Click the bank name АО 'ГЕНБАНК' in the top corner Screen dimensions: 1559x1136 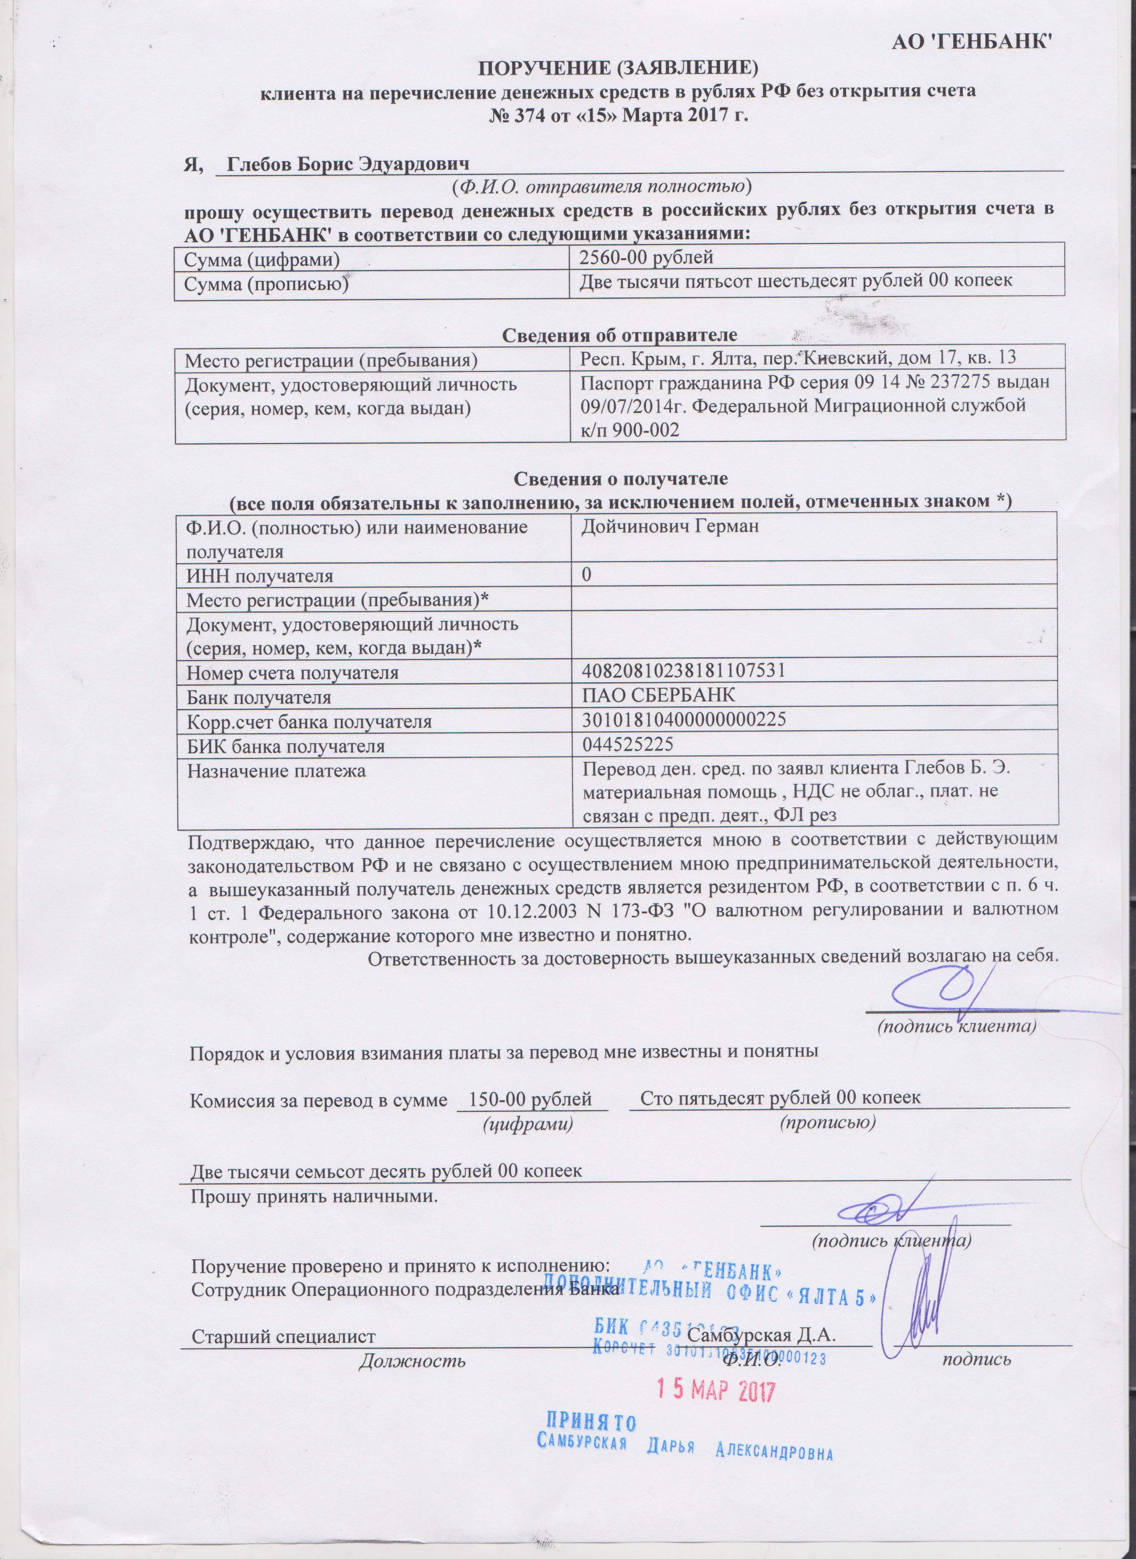coord(973,43)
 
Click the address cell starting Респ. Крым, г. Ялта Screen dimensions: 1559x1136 coord(798,358)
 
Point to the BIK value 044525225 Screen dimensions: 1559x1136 coord(627,745)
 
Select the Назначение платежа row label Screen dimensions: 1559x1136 coord(277,770)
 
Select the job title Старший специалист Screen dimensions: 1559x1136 coord(283,1337)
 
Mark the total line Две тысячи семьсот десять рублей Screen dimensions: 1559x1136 coord(386,1171)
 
